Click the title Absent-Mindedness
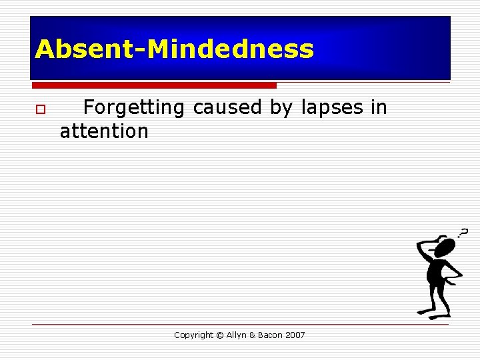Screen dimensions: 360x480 174,49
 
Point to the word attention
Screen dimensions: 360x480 104,131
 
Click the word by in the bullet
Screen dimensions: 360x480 281,108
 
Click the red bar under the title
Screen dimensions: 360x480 154,85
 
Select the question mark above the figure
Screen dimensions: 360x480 462,232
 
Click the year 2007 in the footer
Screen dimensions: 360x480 295,335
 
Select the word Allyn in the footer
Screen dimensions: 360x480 236,335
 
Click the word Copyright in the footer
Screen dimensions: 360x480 193,335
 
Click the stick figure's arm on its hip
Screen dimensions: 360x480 453,273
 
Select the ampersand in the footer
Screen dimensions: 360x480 252,335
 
